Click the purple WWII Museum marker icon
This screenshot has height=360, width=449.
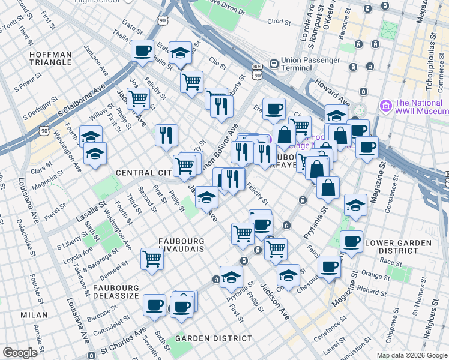click(385, 106)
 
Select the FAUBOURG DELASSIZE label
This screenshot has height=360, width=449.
click(116, 292)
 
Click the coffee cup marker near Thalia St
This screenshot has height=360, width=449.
click(142, 51)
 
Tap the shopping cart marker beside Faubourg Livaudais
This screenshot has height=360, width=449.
click(152, 259)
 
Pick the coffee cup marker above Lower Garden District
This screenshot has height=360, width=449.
click(351, 241)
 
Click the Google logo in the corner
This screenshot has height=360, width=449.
click(20, 353)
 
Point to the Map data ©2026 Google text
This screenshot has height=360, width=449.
click(412, 355)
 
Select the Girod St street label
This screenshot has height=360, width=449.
click(279, 22)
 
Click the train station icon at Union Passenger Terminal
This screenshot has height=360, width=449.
click(274, 62)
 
